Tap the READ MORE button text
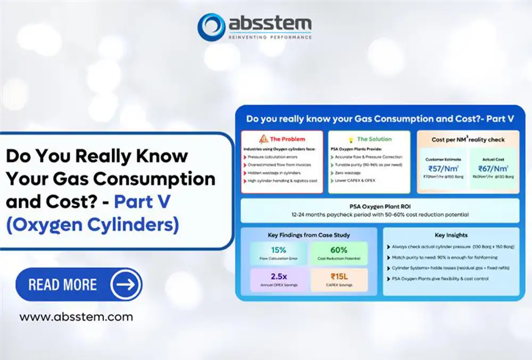[62, 284]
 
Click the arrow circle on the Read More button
[126, 284]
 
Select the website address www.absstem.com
[76, 317]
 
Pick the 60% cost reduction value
[338, 250]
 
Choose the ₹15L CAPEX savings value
[338, 277]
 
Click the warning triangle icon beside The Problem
[263, 139]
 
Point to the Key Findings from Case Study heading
[309, 235]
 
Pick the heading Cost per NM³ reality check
[468, 140]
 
